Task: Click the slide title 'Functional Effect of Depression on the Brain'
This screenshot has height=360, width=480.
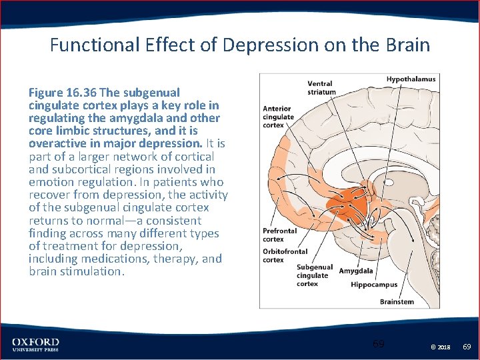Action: coord(240,45)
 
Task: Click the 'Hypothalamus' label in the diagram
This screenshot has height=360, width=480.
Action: coord(411,79)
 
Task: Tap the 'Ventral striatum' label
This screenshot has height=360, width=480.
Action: coord(321,88)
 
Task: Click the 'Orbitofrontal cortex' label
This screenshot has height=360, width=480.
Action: coord(285,255)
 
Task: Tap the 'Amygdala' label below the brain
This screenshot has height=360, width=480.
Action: coord(355,271)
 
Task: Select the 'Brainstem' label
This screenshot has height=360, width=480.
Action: coord(397,301)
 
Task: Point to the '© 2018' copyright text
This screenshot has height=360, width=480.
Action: coord(441,347)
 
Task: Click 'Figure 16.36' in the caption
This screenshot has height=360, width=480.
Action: coord(61,93)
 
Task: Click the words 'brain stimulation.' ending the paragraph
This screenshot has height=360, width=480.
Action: coord(77,271)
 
